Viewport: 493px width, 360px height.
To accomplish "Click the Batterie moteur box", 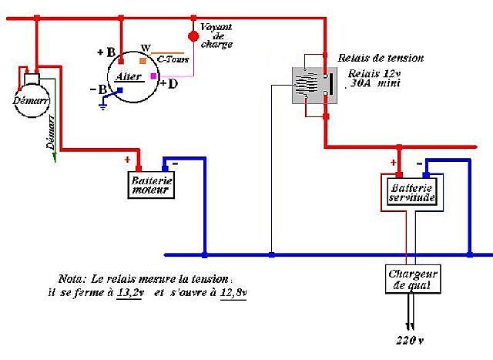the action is pos(151,185).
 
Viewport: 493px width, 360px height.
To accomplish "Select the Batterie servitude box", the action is pos(411,192).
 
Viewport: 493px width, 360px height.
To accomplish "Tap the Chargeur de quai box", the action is pos(413,279).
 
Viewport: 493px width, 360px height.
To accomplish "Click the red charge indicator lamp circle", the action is pos(193,36).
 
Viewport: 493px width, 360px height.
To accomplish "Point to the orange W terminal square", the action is pos(143,61).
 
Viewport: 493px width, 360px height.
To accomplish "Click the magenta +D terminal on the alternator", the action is pos(153,76).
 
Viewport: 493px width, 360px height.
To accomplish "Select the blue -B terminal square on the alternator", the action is pos(120,90).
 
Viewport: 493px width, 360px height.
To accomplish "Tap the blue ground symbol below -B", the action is pos(102,106).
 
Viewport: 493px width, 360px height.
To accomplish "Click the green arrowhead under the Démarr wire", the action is pos(55,157).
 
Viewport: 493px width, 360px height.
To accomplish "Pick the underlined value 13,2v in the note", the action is pos(130,293).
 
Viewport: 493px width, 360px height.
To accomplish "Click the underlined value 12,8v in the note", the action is pos(233,293).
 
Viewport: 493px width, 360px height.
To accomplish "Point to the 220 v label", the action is pos(410,340).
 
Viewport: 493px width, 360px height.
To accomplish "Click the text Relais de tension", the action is pos(381,58).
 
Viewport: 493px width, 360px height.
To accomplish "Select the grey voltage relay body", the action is pos(315,86).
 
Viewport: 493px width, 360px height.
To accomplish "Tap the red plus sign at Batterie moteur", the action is pos(127,160).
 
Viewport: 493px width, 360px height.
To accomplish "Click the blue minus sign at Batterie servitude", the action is pos(419,163).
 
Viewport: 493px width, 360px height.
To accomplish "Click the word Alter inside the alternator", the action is pos(129,76).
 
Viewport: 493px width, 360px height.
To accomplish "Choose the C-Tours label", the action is pos(173,59).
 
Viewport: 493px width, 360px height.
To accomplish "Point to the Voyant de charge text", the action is pos(216,35).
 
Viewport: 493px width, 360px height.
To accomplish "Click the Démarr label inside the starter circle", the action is pos(31,101).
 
